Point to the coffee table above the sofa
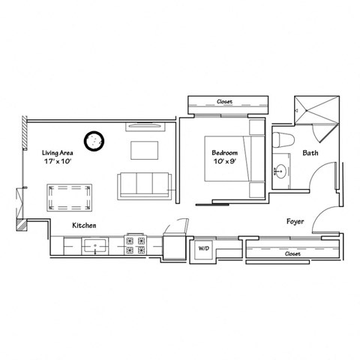click(145, 150)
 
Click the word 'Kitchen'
click(83, 225)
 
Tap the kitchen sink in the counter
click(95, 244)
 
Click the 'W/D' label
click(203, 247)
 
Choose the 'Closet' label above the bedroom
click(223, 101)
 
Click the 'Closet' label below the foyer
click(293, 254)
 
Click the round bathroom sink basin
click(281, 170)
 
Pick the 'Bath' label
click(310, 153)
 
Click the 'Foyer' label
click(295, 222)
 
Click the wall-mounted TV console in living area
click(148, 126)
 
